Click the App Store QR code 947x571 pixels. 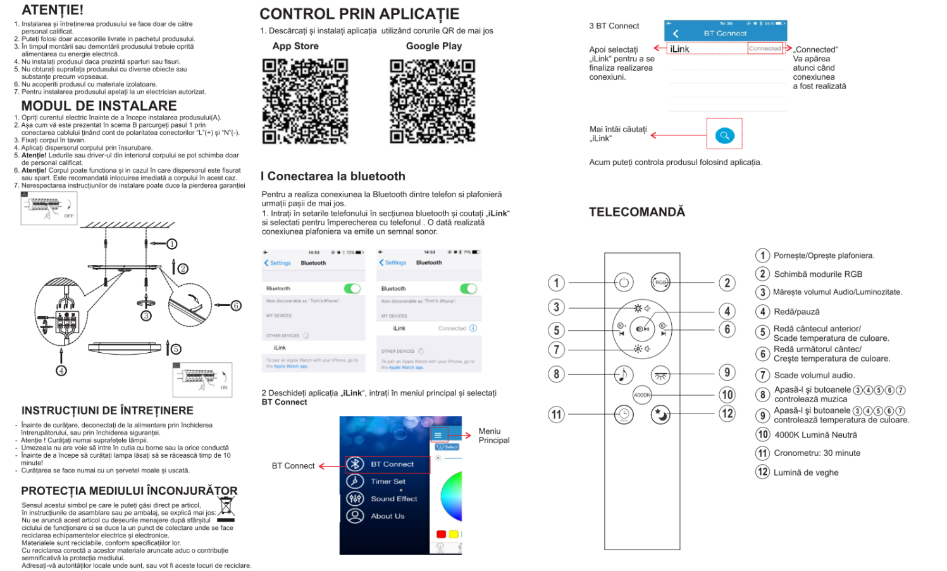pos(305,101)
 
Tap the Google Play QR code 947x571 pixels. pos(433,101)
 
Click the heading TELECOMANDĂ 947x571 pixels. pos(636,212)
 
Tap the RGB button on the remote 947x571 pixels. pos(660,282)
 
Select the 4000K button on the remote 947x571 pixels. pos(642,395)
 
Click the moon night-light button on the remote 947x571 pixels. pos(660,415)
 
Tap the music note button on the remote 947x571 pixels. pos(624,375)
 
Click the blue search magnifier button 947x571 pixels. pos(724,135)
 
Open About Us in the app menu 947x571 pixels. pos(387,516)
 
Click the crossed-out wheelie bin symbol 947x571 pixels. pos(226,507)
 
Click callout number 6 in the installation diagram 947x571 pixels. pos(236,305)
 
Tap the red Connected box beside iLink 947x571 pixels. pos(765,49)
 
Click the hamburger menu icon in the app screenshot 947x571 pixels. pos(438,435)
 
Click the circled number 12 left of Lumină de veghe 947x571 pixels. pos(763,472)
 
